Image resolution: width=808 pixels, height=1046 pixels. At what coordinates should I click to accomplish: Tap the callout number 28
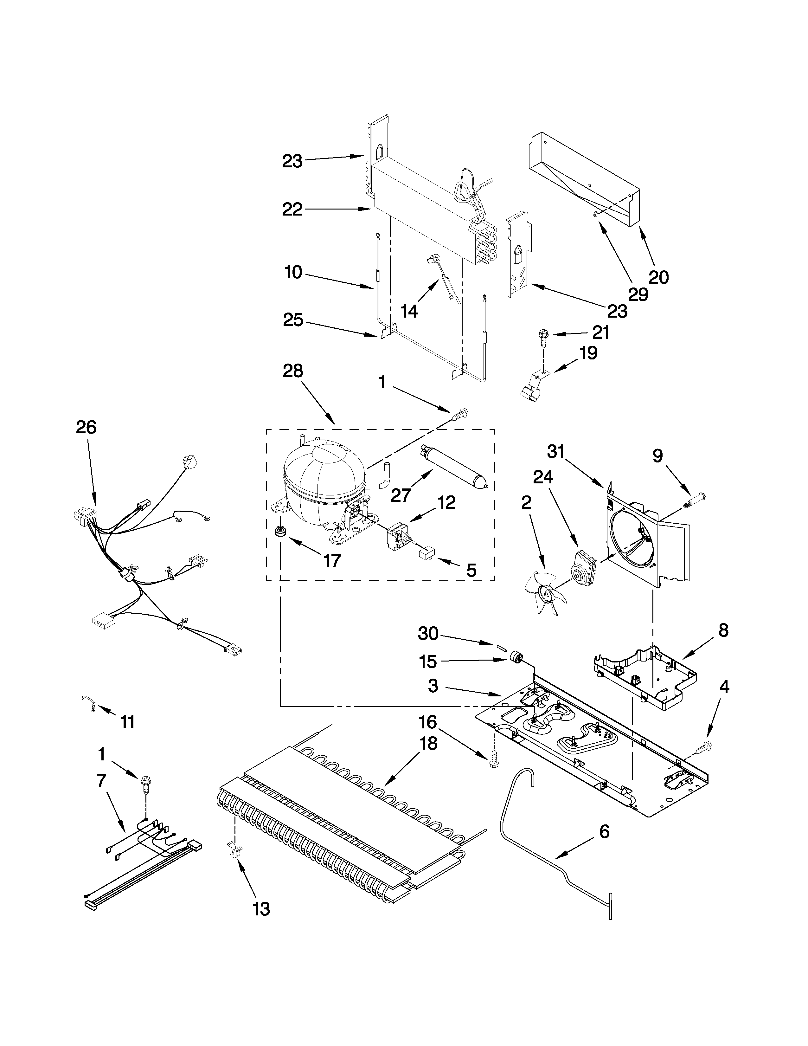click(x=293, y=371)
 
